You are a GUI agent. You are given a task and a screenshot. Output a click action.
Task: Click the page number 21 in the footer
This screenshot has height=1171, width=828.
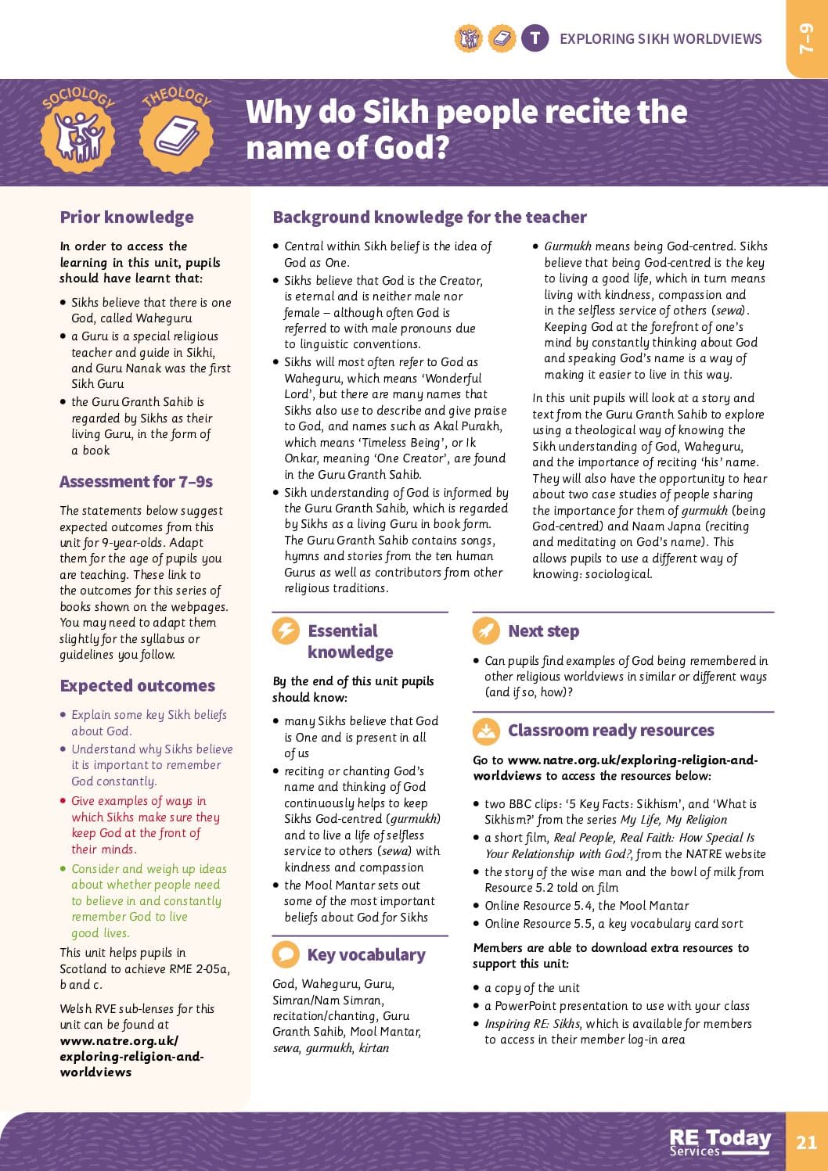(x=806, y=1142)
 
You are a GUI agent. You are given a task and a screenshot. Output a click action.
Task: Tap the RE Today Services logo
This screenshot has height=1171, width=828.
(x=720, y=1142)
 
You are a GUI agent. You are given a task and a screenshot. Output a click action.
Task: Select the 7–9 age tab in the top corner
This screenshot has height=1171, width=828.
(x=807, y=38)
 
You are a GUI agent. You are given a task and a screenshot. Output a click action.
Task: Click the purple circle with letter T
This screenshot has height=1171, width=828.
(x=535, y=38)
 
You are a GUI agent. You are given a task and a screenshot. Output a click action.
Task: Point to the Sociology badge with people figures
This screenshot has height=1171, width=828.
(x=78, y=133)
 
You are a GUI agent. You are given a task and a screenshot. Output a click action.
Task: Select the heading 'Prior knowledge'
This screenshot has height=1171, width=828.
(x=127, y=217)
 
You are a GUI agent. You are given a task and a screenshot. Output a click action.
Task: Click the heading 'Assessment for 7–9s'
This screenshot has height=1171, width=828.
(x=136, y=482)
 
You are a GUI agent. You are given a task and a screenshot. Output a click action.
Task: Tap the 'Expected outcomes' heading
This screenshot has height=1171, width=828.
(x=137, y=686)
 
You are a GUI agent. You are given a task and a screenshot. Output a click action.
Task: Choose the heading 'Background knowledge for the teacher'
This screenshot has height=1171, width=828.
(x=430, y=217)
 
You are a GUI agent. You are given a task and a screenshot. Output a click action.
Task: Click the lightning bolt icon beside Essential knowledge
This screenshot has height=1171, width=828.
(x=286, y=631)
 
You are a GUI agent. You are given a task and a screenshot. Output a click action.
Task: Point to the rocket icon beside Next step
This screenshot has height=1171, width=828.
(x=486, y=631)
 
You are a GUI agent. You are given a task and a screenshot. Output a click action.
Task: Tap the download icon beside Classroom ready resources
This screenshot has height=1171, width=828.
(x=486, y=731)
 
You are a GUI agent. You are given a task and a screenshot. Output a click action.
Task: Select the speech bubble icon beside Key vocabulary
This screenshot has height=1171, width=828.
(x=286, y=955)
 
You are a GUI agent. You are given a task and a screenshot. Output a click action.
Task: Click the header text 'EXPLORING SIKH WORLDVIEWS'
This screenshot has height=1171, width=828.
(x=661, y=38)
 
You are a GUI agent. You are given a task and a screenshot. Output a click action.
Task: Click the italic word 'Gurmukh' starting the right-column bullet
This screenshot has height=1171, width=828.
(x=567, y=246)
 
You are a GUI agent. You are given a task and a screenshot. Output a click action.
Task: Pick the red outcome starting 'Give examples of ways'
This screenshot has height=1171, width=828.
(x=139, y=801)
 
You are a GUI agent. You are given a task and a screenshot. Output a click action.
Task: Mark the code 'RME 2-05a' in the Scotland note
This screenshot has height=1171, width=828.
(x=196, y=969)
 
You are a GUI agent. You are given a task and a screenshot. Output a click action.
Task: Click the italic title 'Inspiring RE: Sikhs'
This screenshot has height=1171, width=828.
(x=533, y=1024)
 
